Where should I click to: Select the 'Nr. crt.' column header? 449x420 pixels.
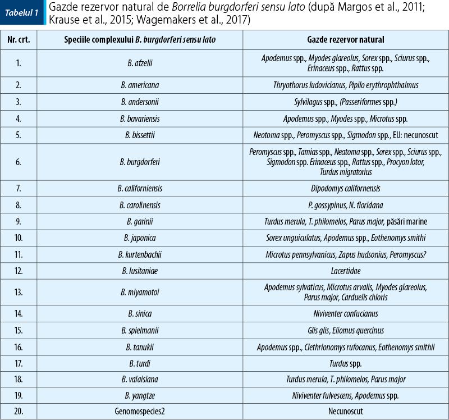click(x=19, y=40)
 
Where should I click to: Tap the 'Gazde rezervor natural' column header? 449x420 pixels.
click(x=345, y=40)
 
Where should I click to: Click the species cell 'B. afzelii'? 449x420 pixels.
click(x=140, y=63)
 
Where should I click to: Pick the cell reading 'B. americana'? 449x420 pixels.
click(x=140, y=85)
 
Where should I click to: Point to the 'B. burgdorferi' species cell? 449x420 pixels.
click(x=140, y=162)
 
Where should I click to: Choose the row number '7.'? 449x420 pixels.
click(x=19, y=188)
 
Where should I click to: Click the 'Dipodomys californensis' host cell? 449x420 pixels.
click(x=345, y=188)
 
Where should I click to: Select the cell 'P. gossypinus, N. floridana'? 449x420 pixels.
click(x=345, y=205)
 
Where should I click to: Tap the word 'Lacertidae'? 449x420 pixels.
click(x=345, y=271)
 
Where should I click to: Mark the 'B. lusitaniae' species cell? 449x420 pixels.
click(x=140, y=271)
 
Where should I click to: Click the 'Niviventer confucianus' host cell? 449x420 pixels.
click(x=345, y=313)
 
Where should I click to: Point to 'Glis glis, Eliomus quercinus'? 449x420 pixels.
click(x=345, y=330)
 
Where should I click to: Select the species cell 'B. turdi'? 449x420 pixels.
click(x=140, y=363)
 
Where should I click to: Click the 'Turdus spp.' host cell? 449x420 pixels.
click(x=345, y=363)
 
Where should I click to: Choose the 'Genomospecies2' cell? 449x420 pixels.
click(x=140, y=412)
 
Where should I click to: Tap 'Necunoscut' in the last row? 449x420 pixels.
click(x=345, y=412)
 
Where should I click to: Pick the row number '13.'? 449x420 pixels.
click(x=19, y=292)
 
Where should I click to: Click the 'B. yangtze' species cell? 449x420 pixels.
click(x=140, y=396)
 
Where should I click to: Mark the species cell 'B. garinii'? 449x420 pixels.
click(x=140, y=222)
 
